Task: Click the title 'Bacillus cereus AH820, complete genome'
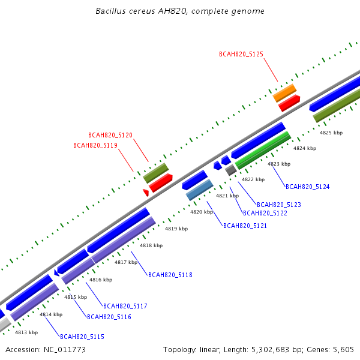[180, 11]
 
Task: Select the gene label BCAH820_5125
[241, 54]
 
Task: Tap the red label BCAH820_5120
[110, 135]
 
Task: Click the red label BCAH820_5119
[95, 145]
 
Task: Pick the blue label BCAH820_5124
[307, 187]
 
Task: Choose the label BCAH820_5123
[279, 205]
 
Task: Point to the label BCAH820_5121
[245, 226]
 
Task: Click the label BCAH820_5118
[170, 275]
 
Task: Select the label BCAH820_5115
[82, 337]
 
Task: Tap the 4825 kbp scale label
[331, 133]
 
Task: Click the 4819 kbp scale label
[176, 229]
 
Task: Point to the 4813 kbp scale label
[26, 332]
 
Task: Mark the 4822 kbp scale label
[253, 179]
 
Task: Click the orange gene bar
[284, 93]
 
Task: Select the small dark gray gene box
[231, 170]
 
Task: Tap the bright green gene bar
[263, 151]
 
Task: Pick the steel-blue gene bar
[200, 190]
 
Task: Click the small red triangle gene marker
[146, 193]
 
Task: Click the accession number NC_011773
[65, 350]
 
